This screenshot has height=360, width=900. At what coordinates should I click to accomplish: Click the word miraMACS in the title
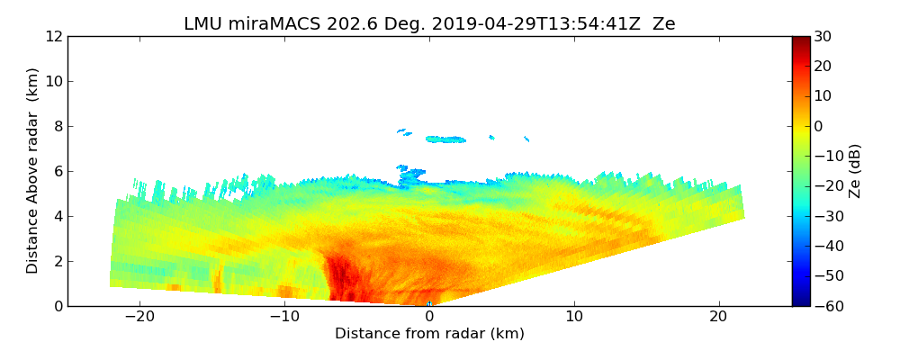265,24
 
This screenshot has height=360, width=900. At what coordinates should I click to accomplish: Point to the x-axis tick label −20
139,317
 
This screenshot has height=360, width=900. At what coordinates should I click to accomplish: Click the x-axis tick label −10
284,317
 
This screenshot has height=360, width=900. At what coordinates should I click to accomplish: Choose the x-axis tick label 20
718,317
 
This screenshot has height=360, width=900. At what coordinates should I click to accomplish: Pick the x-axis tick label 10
573,317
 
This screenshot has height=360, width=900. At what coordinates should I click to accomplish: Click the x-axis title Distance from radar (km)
429,334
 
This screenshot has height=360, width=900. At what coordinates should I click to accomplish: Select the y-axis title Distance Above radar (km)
32,171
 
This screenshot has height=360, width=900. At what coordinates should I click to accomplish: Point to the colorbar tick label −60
827,306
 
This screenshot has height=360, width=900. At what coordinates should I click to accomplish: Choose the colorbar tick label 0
819,126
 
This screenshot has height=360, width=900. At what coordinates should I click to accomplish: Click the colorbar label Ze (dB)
855,171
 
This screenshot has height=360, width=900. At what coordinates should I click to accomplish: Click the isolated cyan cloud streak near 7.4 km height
445,139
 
